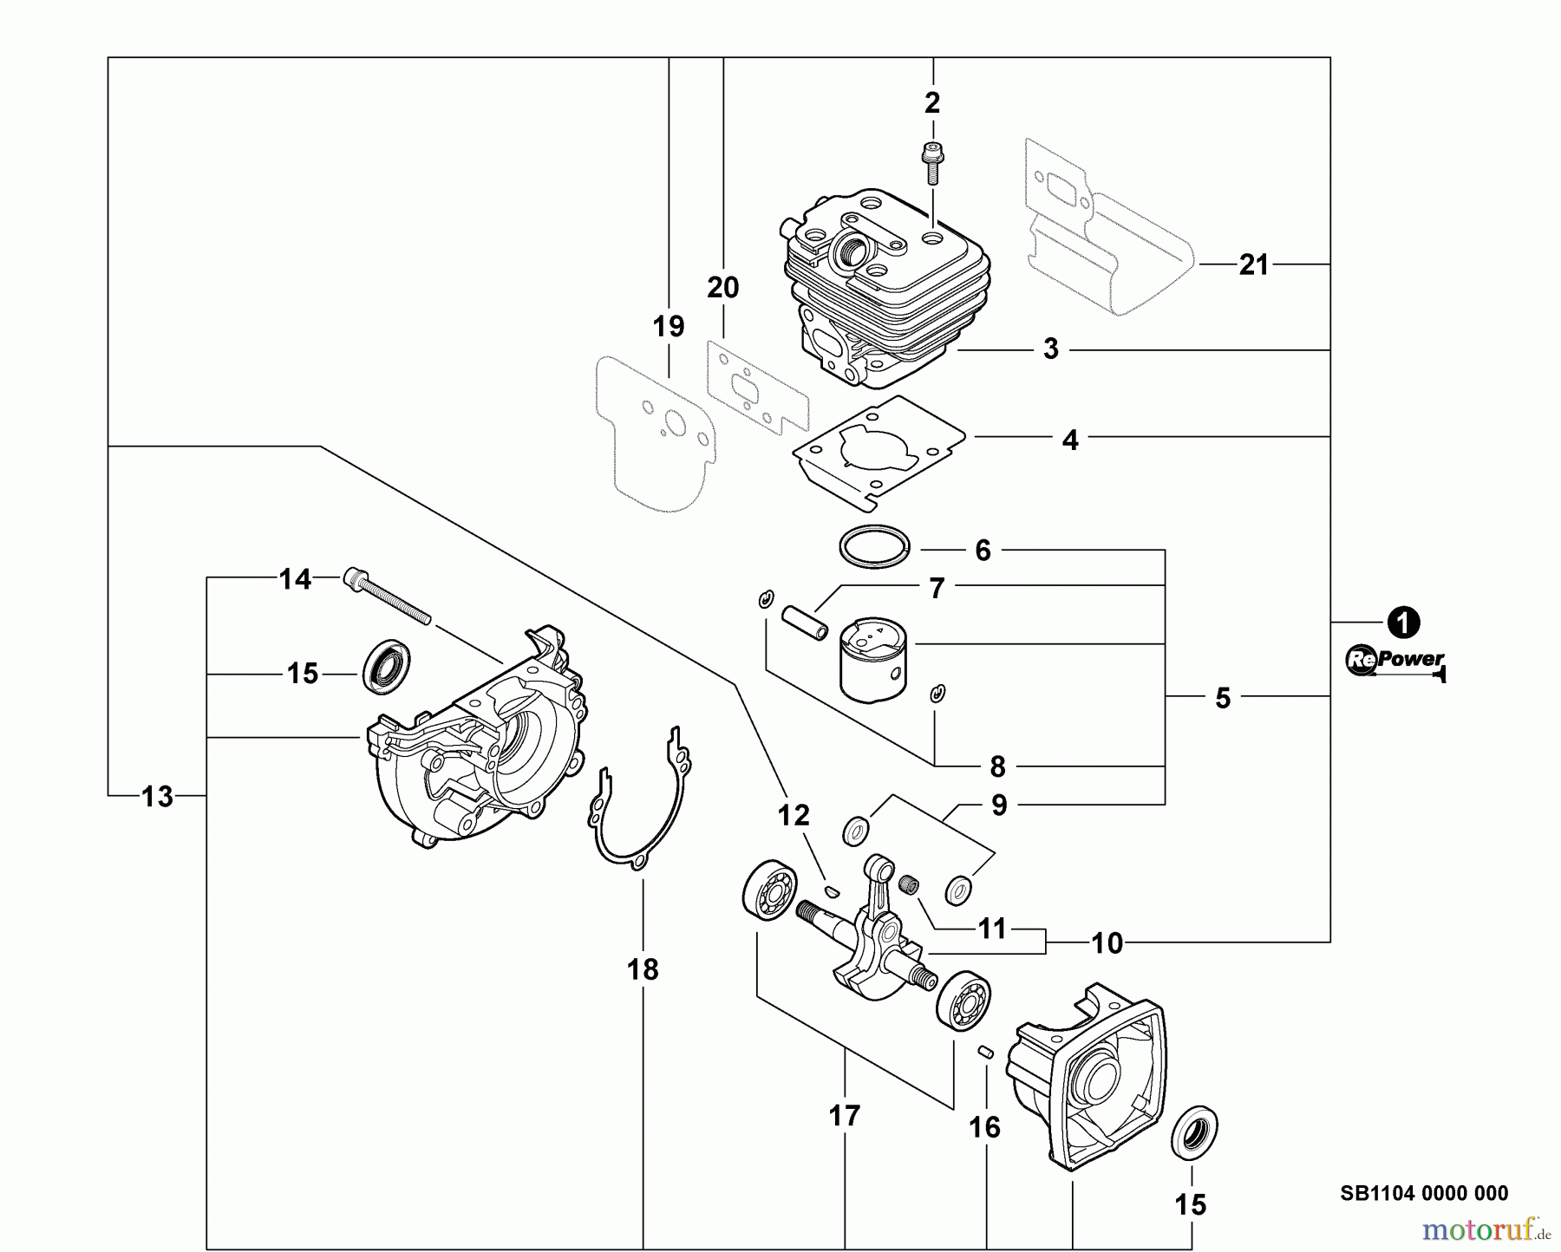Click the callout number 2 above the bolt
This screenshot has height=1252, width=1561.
point(932,103)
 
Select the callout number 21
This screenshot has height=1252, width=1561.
point(1254,264)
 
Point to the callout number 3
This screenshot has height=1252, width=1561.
point(1051,349)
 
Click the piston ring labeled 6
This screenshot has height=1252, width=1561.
point(875,547)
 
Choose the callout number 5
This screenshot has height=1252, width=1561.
point(1223,698)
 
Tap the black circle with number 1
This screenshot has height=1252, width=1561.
point(1402,623)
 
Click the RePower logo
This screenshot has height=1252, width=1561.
point(1395,661)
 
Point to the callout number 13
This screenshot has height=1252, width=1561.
point(157,796)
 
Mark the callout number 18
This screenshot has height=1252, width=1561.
point(643,968)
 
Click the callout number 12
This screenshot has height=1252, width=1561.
point(794,815)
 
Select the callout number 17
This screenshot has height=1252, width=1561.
point(845,1115)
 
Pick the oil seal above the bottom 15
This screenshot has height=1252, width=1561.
point(1194,1131)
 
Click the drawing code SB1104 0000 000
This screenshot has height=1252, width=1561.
point(1424,1194)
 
